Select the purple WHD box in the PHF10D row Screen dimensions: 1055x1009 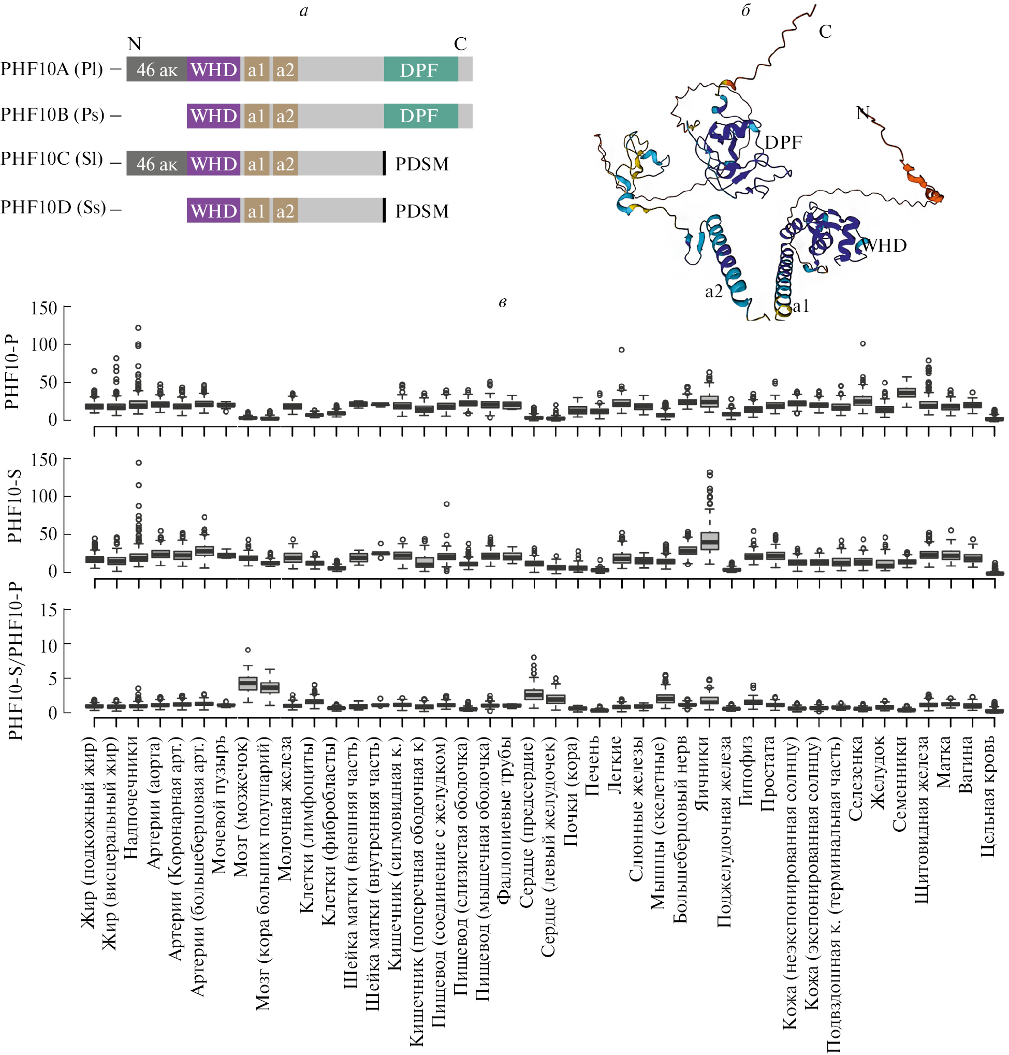213,210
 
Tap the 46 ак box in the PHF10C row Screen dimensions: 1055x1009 156,163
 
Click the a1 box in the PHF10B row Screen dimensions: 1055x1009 256,115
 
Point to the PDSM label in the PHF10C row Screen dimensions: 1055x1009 422,164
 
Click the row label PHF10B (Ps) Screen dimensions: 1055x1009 53,114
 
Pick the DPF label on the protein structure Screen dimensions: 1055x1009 783,142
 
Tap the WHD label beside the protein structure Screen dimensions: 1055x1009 885,245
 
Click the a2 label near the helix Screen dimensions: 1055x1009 714,292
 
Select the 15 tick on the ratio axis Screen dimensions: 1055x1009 49,610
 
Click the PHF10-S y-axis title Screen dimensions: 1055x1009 14,505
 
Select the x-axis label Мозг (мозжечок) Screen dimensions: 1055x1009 240,806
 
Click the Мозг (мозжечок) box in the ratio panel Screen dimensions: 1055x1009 247,683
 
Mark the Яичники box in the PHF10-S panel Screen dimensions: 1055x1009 710,541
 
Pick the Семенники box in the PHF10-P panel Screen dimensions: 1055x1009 907,392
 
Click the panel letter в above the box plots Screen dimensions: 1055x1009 502,302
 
